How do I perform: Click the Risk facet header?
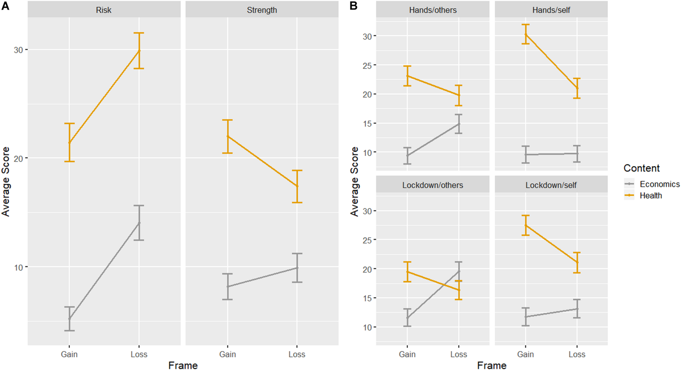click(x=104, y=10)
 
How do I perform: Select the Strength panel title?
click(x=262, y=10)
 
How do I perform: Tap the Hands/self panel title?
click(x=551, y=10)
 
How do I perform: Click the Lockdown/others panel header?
click(x=433, y=185)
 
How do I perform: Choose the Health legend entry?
click(x=651, y=195)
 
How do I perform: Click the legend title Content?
click(x=642, y=168)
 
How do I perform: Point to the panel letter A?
click(x=5, y=6)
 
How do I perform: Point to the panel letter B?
click(x=353, y=6)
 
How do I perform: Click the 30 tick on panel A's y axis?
click(x=18, y=50)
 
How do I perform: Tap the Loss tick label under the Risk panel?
click(x=139, y=354)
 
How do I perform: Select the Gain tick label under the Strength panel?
click(x=227, y=354)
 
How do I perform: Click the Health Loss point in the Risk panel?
click(x=139, y=51)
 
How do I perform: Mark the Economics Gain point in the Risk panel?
click(x=69, y=318)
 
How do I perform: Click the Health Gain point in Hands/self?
click(x=525, y=34)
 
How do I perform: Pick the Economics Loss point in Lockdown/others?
click(x=459, y=271)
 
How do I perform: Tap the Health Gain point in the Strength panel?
click(x=227, y=136)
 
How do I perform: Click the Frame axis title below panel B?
click(x=492, y=365)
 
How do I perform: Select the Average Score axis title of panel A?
click(x=5, y=182)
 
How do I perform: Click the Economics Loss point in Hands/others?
click(x=459, y=124)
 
